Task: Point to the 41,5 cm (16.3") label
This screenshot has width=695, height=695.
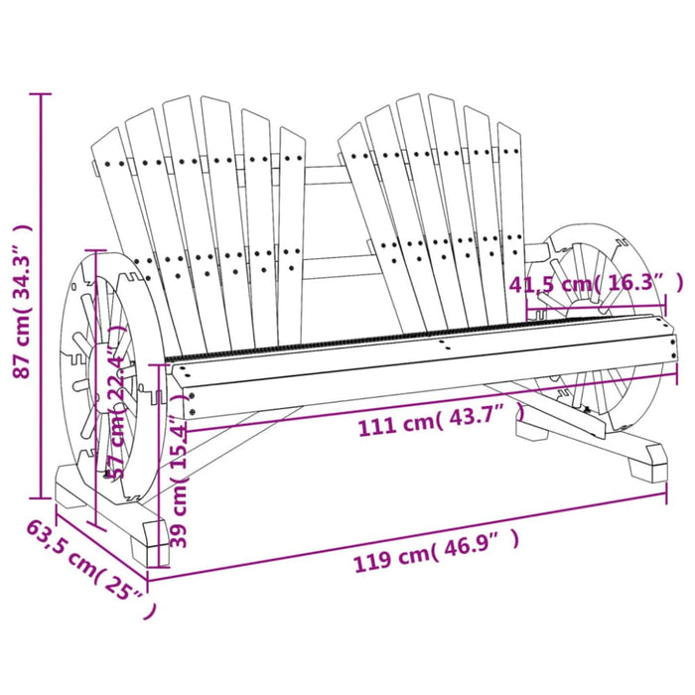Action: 595,284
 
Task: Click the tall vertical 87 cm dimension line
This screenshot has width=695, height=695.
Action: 40,298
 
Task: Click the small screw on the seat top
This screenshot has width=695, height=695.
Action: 440,345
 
